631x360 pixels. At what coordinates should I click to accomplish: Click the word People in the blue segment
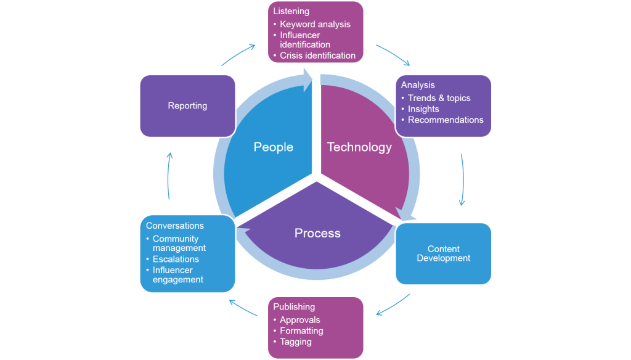click(273, 147)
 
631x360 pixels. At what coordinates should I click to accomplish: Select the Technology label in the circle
click(359, 147)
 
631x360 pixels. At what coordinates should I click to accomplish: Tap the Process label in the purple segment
click(317, 233)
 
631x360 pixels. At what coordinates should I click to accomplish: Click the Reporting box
click(187, 106)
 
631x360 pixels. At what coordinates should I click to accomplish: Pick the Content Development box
click(443, 253)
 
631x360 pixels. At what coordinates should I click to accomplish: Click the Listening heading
click(291, 12)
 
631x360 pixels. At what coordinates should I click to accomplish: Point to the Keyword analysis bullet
click(315, 24)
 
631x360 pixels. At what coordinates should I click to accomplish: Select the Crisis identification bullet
click(317, 55)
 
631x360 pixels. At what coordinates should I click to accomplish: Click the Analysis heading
click(418, 85)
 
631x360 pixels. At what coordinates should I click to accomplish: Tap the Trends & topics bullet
click(439, 98)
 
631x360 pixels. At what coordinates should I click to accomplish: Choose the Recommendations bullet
click(446, 120)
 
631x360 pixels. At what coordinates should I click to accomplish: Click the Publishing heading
click(294, 307)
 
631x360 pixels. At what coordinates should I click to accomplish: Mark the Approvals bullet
click(300, 320)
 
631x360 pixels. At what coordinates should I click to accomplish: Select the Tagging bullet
click(296, 342)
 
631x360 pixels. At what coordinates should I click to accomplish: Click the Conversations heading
click(175, 226)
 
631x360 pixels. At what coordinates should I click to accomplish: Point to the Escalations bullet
click(176, 259)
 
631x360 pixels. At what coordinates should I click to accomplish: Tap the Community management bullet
click(179, 243)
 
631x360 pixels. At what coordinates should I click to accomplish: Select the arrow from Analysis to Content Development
click(462, 179)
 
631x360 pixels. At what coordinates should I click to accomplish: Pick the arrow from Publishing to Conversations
click(243, 308)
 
